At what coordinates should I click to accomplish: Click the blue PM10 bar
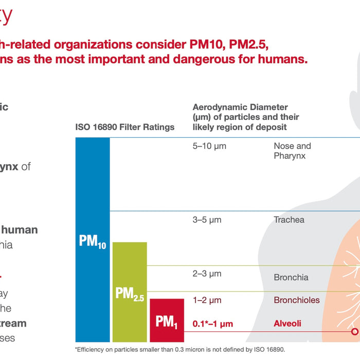click(x=93, y=240)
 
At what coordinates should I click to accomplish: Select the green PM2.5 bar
click(x=130, y=292)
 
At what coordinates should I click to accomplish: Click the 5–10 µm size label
click(x=209, y=146)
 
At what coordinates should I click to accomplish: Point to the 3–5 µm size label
click(x=207, y=220)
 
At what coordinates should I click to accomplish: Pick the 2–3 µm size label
click(x=207, y=274)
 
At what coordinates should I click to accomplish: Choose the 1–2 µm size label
click(x=207, y=300)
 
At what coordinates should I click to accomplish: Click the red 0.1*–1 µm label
click(x=213, y=324)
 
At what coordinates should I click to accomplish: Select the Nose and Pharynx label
click(x=292, y=151)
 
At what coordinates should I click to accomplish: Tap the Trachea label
click(x=289, y=220)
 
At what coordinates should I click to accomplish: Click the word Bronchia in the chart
click(x=291, y=278)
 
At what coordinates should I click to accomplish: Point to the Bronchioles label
click(x=297, y=300)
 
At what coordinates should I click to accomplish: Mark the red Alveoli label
click(x=287, y=324)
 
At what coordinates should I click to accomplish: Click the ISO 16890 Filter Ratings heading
click(x=125, y=127)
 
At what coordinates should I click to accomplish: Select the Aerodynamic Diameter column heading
click(x=246, y=117)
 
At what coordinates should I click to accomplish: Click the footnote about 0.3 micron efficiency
click(x=179, y=349)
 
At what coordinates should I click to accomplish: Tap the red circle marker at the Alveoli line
click(x=354, y=332)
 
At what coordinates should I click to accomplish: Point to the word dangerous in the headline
click(x=208, y=58)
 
